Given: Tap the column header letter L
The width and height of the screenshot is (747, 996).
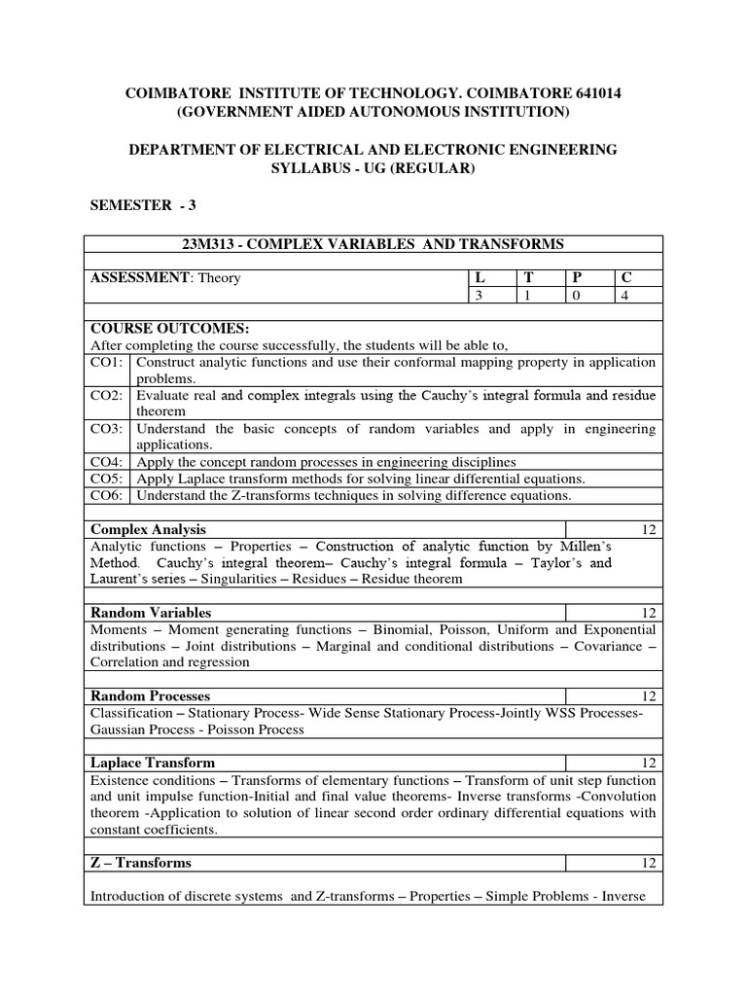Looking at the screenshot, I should coord(479,278).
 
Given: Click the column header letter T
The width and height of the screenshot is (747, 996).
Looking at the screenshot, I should coord(529,278).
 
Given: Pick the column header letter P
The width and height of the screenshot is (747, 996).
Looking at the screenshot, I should coord(576,278).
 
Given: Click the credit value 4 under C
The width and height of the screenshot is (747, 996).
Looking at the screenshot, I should coord(624,296).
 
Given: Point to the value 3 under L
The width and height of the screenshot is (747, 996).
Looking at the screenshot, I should coord(479,296).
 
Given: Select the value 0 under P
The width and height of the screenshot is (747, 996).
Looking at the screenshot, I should coord(576,296).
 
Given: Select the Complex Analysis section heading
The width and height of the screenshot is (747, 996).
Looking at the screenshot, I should coord(148,529).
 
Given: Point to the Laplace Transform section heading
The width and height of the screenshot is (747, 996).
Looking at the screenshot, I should coord(152,763).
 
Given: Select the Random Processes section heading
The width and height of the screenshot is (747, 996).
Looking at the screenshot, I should coord(150,696).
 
